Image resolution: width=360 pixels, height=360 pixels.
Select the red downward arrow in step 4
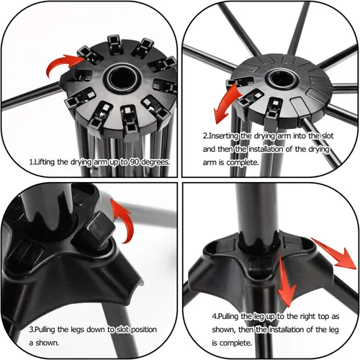pos(285,281)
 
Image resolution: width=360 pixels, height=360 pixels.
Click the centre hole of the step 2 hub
pos(282,78)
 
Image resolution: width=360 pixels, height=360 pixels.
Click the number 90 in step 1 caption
pos(135,162)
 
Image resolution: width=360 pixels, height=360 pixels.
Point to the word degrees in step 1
pos(156,163)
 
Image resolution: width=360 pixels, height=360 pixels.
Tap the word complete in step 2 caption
pos(243,163)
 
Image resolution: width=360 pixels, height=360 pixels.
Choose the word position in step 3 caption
pos(144,330)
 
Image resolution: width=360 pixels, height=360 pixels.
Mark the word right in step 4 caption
pos(308,317)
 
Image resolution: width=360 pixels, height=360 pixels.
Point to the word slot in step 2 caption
pos(328,136)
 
